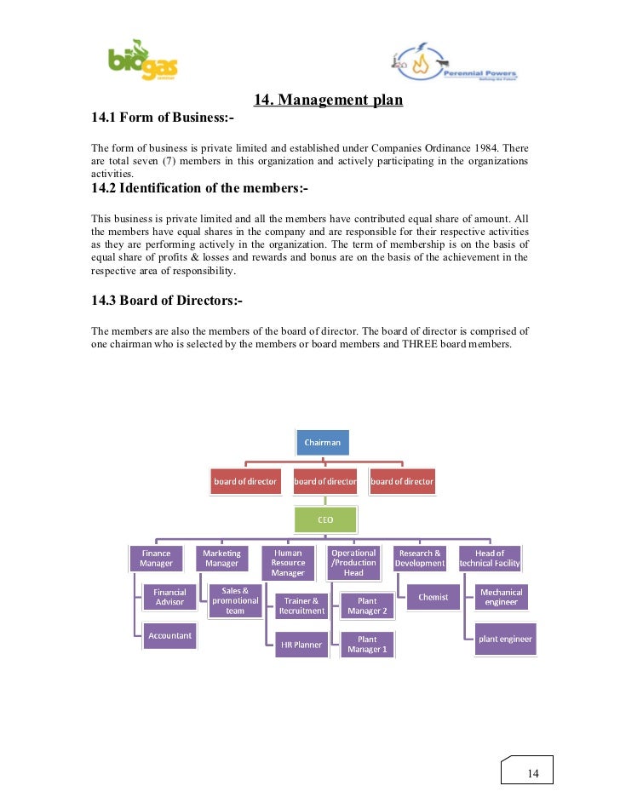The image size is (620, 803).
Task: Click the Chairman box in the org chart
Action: point(323,443)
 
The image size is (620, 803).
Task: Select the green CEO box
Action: point(325,519)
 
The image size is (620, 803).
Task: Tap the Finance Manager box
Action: point(156,559)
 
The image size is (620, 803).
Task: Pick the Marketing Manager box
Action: point(221,559)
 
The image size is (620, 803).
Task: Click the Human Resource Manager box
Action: point(288,563)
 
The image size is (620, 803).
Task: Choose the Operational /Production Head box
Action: point(353,563)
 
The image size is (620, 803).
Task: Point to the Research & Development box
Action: point(420,559)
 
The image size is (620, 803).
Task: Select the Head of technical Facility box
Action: point(490,559)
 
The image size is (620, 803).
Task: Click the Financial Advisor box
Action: point(169,597)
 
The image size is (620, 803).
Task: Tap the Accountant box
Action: point(169,635)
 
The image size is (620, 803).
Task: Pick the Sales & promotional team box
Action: point(235,600)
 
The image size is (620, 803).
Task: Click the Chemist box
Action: point(433,597)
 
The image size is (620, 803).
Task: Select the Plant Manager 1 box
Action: point(367,645)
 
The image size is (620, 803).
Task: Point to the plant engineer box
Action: point(504,640)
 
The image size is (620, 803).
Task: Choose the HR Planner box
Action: point(301,645)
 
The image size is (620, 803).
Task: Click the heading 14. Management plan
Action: point(329,100)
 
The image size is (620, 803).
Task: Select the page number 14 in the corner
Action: point(533,773)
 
